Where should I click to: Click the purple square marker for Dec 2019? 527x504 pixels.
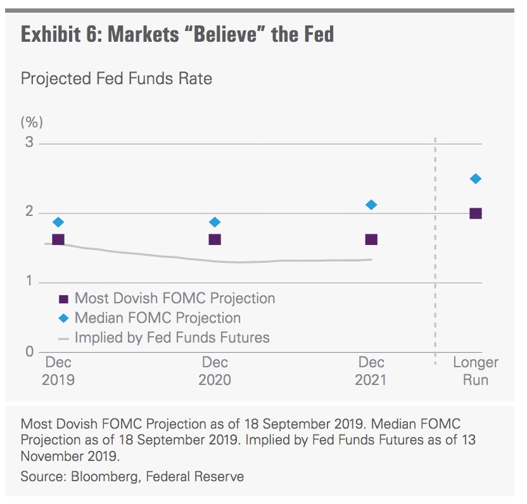[x=58, y=239]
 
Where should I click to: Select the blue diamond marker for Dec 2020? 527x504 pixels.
[x=215, y=222]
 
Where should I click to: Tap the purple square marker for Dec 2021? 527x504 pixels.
[x=371, y=239]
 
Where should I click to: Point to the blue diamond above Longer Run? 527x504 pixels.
[x=475, y=179]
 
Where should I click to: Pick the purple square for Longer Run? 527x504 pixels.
[x=475, y=213]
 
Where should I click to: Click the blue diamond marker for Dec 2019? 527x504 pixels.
[x=58, y=222]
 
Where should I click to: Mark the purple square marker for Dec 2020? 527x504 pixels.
[x=215, y=239]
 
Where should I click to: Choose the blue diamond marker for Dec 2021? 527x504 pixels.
[x=371, y=205]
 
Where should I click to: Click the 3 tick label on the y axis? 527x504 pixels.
[x=29, y=142]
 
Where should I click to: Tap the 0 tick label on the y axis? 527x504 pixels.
[x=29, y=351]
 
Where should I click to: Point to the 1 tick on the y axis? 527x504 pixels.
[x=29, y=282]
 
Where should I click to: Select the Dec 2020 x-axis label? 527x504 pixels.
[x=215, y=371]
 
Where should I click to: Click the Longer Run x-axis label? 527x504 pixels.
[x=475, y=371]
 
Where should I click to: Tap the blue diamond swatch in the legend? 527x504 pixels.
[x=63, y=318]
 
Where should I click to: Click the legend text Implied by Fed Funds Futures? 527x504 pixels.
[x=172, y=337]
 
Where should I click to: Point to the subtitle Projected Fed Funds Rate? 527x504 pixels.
[x=116, y=79]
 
